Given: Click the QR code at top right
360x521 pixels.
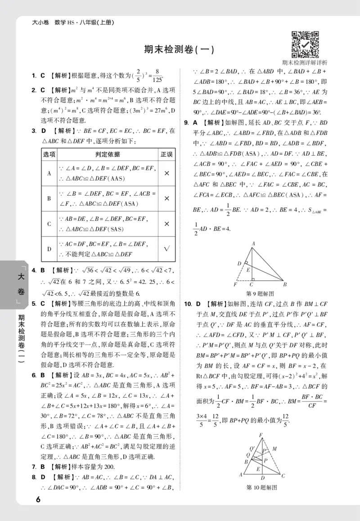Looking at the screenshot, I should (305, 44).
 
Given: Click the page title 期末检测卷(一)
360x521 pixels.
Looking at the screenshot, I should (179, 50).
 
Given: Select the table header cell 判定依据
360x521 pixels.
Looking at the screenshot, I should (107, 154).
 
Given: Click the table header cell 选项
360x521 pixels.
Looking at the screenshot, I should (49, 154).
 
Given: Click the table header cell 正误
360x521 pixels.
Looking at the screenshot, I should (166, 154).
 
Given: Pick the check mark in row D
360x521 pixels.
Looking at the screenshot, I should (166, 249).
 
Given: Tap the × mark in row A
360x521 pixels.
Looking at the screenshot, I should (166, 173).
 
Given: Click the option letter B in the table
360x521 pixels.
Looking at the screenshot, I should (49, 198).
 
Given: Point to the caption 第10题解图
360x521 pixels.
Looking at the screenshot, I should (261, 487).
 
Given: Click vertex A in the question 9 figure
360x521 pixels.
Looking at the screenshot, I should (253, 243).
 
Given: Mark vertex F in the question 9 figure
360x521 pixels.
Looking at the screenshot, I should (235, 285).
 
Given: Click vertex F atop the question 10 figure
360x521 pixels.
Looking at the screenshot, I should (261, 434).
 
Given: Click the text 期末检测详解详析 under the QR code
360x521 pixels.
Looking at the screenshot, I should (305, 63).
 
